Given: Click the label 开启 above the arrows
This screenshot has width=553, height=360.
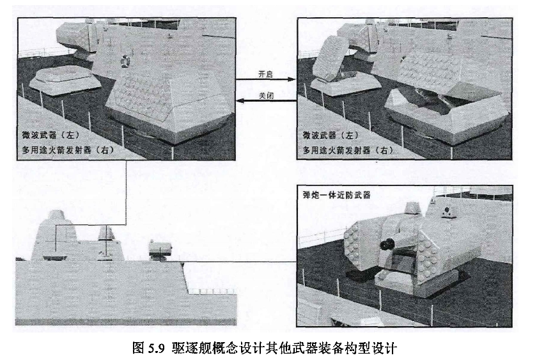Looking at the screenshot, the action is tap(265, 74).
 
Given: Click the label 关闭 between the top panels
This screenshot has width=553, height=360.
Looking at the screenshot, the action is tap(267, 95).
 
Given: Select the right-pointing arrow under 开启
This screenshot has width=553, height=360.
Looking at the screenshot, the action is tap(265, 79).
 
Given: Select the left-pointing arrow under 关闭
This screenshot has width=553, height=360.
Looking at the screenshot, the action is tap(267, 101).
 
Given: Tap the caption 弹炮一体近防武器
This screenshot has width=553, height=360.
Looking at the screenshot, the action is tap(336, 194).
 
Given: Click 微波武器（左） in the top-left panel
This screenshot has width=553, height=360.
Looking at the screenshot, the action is tap(51, 135).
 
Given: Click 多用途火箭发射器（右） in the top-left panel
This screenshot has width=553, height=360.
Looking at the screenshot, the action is tap(68, 150).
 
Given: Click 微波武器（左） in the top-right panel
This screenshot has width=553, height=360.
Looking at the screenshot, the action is tap(331, 135).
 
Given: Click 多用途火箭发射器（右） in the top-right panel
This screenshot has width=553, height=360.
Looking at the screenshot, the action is tap(348, 150).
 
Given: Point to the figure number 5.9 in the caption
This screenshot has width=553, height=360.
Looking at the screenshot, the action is tap(156, 348).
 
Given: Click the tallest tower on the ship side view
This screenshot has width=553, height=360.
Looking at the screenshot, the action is tap(55, 235).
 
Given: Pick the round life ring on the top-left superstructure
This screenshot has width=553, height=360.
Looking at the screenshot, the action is tap(124, 61).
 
